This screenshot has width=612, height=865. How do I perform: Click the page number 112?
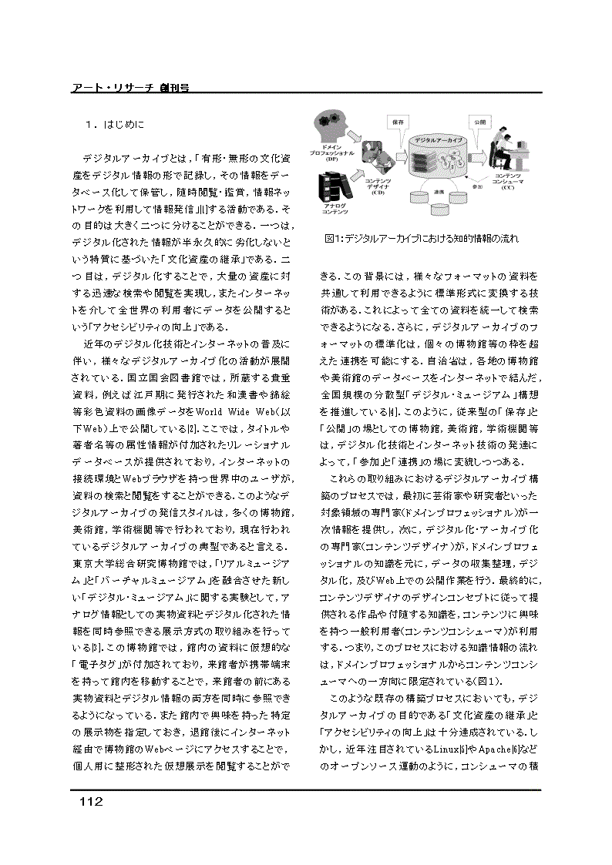pos(89,802)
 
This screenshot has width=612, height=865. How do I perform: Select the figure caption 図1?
pos(421,239)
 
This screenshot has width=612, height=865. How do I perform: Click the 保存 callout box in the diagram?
pos(398,122)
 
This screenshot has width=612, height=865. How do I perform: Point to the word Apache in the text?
pos(481,746)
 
